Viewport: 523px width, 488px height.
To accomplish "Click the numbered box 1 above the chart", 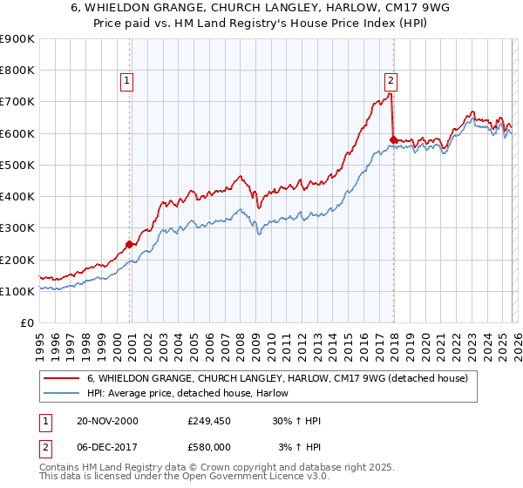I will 127,81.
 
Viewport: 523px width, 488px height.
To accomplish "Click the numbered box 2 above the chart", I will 391,81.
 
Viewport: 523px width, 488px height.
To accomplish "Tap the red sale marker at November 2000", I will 130,244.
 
